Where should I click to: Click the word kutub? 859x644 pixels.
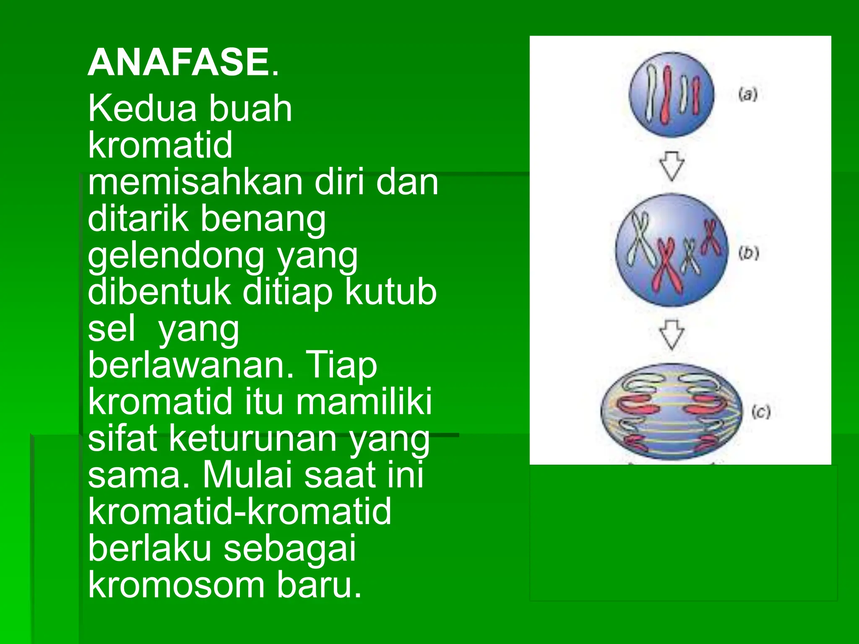(390, 292)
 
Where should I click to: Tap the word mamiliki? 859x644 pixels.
(364, 402)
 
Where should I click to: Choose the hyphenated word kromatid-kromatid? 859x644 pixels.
(239, 512)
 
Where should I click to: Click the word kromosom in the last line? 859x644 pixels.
(176, 585)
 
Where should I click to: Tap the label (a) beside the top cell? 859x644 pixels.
(748, 94)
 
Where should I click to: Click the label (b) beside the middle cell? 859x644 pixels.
(749, 253)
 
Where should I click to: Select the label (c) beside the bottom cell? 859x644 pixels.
(761, 412)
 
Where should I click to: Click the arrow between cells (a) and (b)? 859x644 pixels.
(672, 166)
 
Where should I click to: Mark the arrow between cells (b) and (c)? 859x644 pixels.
(672, 335)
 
